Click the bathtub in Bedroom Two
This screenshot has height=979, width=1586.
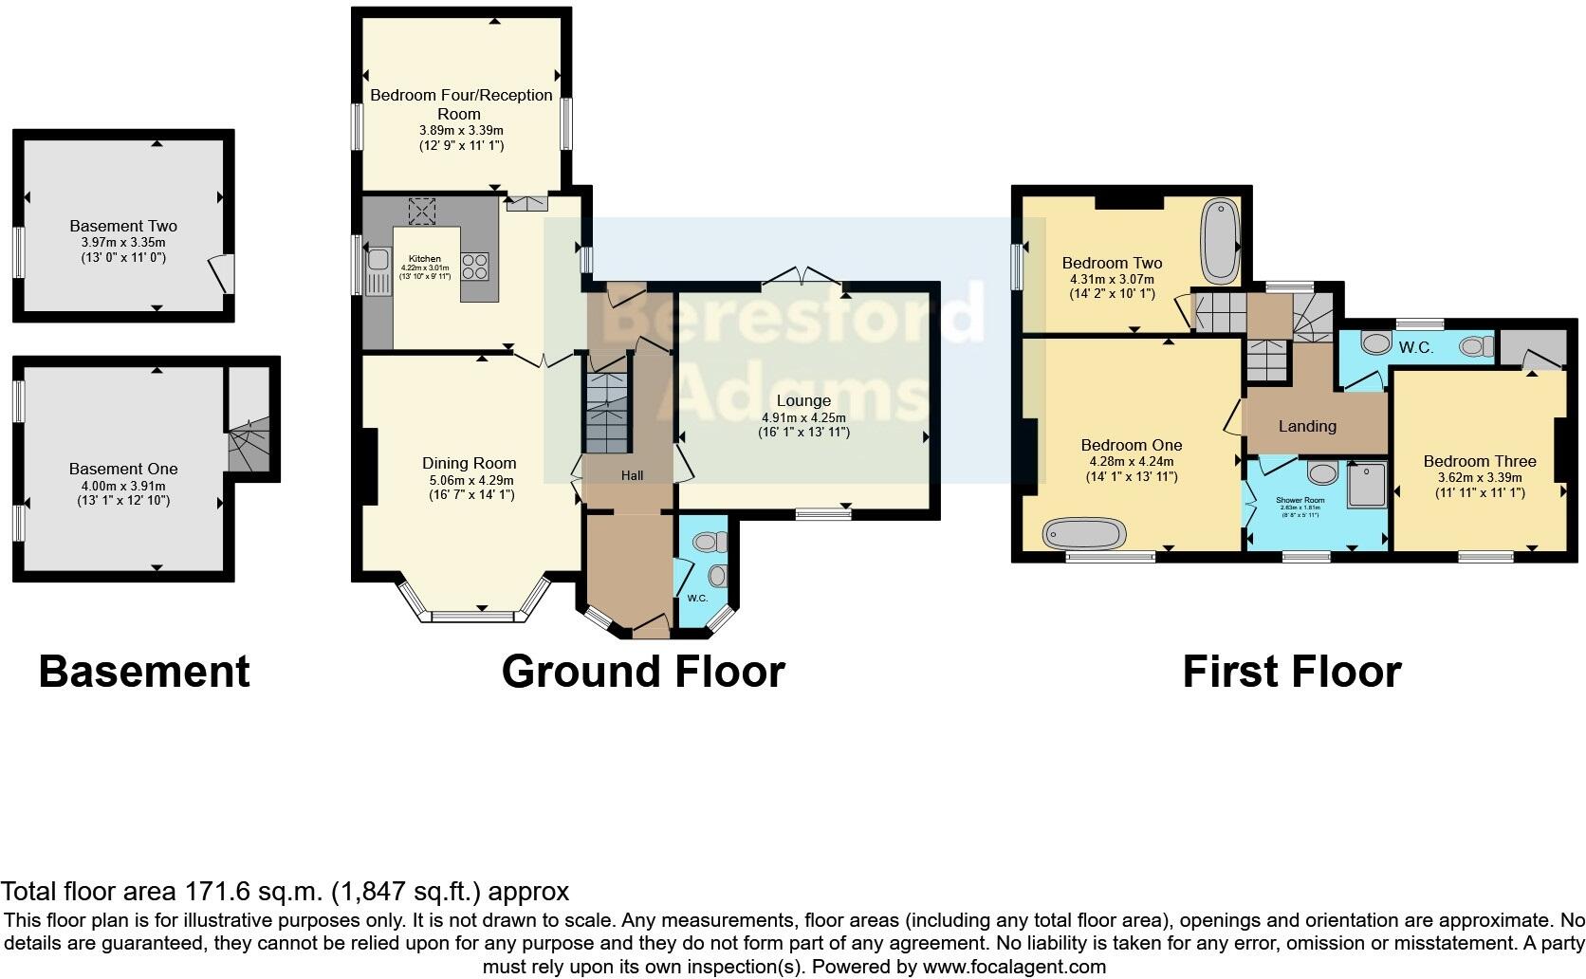[x=1220, y=242]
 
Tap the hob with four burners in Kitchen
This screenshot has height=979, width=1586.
[x=475, y=267]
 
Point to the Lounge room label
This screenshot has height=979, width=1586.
[x=802, y=400]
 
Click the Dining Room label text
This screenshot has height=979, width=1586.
[x=470, y=463]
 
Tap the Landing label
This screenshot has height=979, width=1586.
[x=1307, y=426]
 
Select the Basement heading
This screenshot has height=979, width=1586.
[x=144, y=672]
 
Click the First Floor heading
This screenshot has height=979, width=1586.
[x=1291, y=672]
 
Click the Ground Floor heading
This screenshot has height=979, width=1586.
[x=643, y=672]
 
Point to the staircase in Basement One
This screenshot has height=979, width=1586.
[x=249, y=446]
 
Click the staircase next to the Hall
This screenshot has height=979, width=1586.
[x=606, y=413]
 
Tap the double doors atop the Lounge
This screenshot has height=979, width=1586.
[x=802, y=277]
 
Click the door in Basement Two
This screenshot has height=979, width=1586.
[x=221, y=273]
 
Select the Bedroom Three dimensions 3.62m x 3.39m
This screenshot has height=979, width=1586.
[x=1479, y=478]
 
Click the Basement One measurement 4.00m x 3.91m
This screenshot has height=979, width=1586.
[x=123, y=485]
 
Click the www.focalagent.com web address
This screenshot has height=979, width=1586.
[x=1013, y=968]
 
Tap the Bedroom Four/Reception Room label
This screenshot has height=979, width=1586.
[x=461, y=103]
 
